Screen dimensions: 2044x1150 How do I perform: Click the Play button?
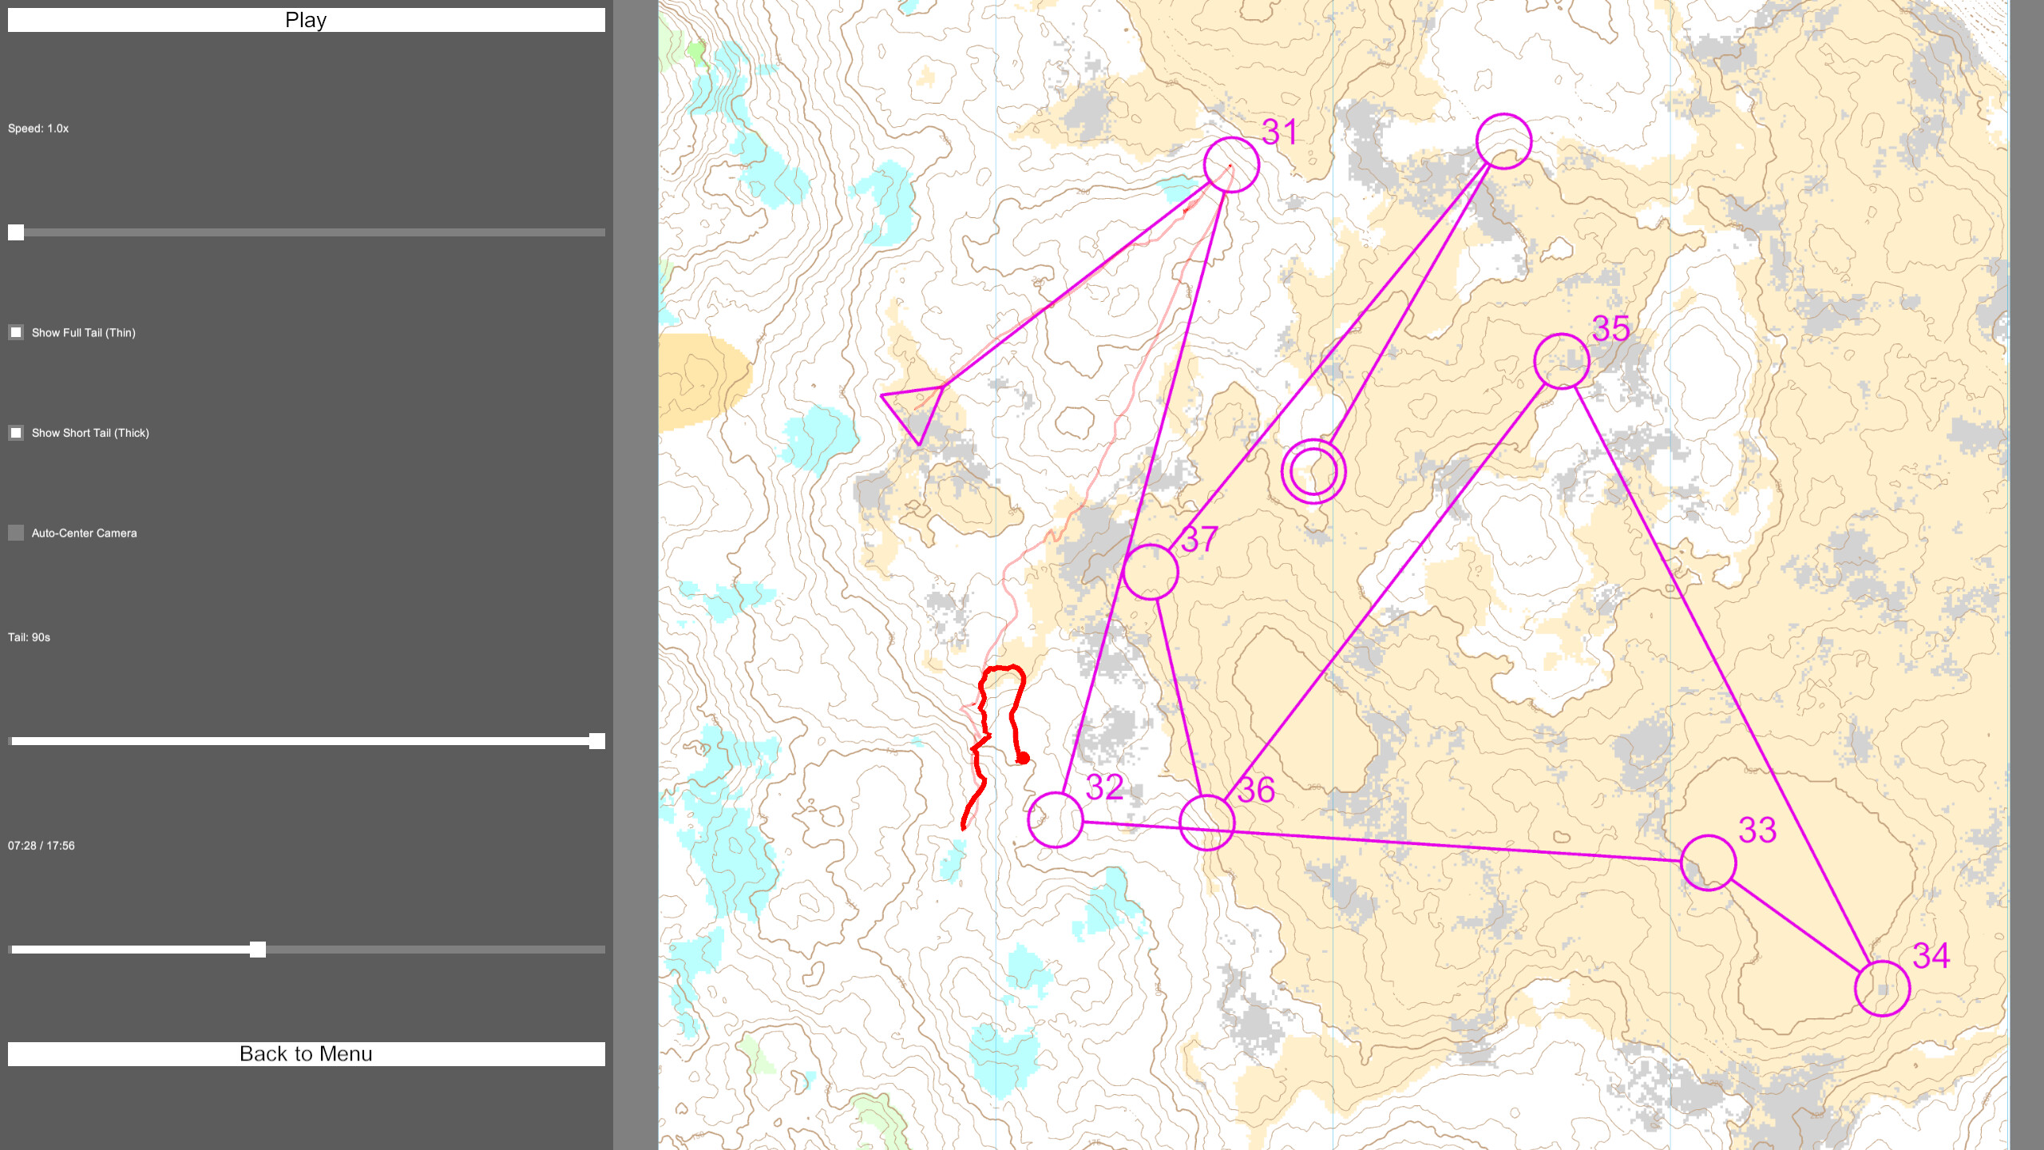306,20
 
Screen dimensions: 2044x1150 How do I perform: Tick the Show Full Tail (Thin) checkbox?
16,332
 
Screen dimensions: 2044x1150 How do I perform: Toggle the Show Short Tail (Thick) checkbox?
16,433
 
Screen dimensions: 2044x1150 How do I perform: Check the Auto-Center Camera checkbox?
16,533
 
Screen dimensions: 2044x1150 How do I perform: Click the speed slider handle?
16,232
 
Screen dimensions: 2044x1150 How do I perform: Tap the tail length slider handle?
596,741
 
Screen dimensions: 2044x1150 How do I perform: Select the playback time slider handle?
257,950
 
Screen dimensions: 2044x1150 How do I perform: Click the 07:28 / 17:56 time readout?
42,846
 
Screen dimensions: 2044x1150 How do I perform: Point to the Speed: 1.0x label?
38,129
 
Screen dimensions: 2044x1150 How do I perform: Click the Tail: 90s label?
30,637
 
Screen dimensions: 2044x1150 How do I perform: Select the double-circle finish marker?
1313,471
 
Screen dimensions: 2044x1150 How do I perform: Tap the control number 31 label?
1279,132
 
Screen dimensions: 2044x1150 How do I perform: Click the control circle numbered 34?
1882,988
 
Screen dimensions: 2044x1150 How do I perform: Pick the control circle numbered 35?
1561,361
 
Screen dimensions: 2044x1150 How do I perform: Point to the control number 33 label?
1757,831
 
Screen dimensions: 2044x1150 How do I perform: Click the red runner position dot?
1023,758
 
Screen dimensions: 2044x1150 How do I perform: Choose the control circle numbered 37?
1150,572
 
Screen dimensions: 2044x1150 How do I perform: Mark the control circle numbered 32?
1055,819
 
